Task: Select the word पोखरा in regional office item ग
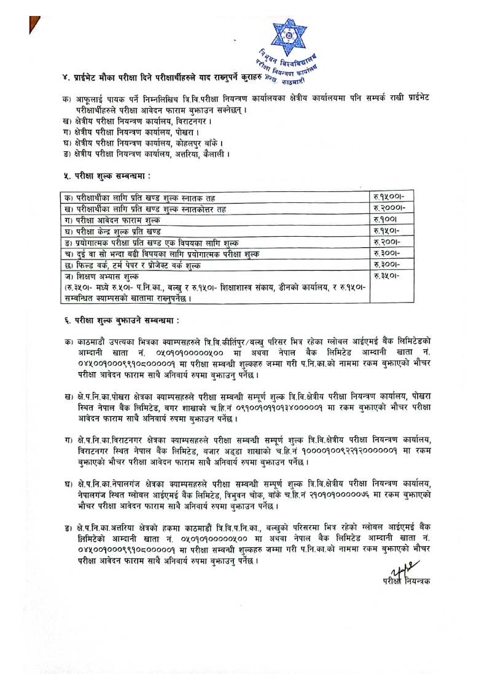point(172,132)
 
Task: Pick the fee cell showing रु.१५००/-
point(389,196)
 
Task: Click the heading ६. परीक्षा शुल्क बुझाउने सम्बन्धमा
point(120,321)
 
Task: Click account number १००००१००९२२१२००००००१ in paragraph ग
point(325,453)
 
